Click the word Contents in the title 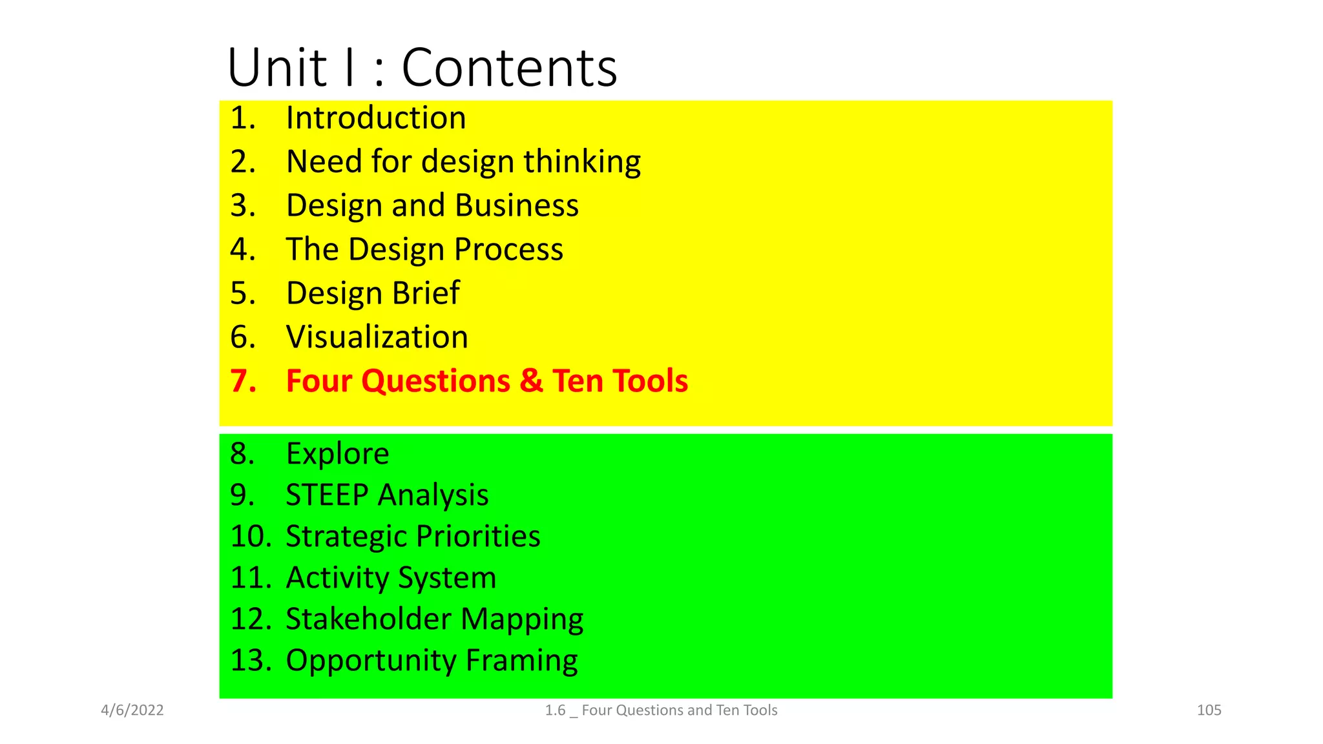[x=509, y=68]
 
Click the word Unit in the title [x=277, y=68]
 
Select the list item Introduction [x=375, y=118]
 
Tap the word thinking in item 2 [x=582, y=161]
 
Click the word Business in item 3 [x=516, y=205]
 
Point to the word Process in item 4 [x=508, y=249]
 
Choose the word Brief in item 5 [x=426, y=293]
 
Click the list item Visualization [x=377, y=337]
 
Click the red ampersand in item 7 [x=531, y=380]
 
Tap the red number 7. [x=242, y=381]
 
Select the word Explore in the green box [x=337, y=454]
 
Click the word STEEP [x=327, y=495]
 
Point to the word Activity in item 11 [x=337, y=578]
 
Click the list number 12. [x=249, y=619]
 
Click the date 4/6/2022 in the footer [x=132, y=710]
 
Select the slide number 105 [x=1209, y=710]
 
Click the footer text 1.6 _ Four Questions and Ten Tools [x=661, y=710]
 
